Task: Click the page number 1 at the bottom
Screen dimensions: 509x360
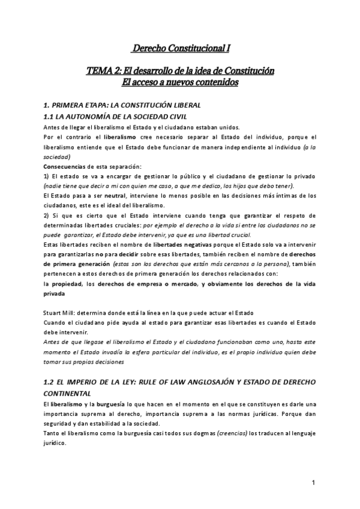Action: tap(314, 483)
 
